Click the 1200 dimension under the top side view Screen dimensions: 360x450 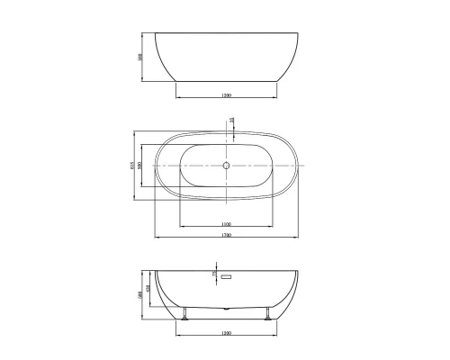point(225,94)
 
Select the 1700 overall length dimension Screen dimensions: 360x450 point(225,236)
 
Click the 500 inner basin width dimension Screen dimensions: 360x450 point(144,166)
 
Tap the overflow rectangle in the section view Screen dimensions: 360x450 point(227,278)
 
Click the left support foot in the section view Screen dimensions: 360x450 point(184,313)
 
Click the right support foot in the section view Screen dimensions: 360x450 point(267,313)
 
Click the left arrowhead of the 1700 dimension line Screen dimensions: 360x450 point(157,238)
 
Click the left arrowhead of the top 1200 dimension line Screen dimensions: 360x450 point(176,97)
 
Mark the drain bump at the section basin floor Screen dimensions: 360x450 point(226,307)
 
